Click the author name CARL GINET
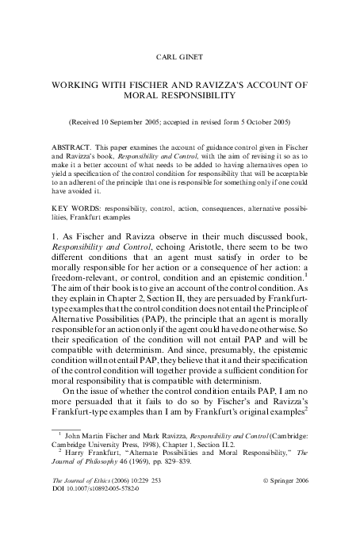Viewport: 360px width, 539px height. [x=180, y=58]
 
